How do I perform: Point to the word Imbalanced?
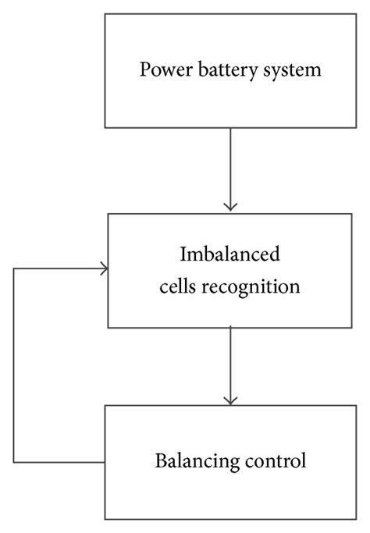tap(229, 255)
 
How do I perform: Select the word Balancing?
tap(199, 460)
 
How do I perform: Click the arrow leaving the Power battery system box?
tap(229, 168)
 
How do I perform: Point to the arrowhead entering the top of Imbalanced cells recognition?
tap(229, 206)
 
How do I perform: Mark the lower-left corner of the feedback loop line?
tap(14, 462)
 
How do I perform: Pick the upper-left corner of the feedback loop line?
tap(14, 269)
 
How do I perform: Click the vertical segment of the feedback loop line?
tap(14, 367)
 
